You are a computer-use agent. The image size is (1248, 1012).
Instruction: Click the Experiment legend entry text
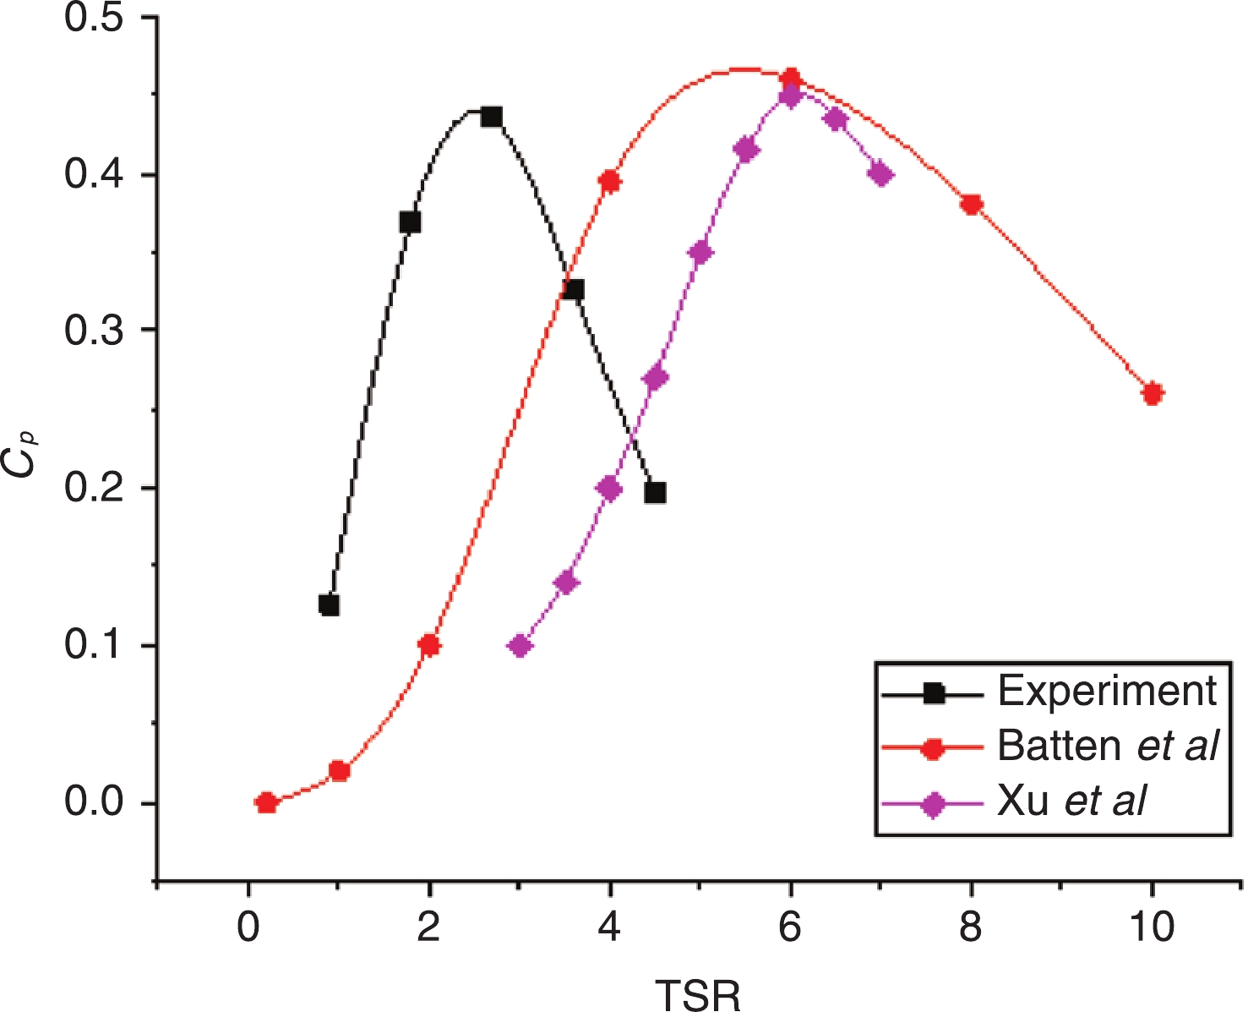click(1107, 691)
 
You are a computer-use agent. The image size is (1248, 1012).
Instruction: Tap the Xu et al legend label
click(1072, 800)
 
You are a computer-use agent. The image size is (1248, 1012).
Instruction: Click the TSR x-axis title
click(698, 994)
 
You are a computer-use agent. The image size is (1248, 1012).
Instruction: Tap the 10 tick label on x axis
click(1152, 927)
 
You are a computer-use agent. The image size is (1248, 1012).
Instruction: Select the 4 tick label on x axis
click(609, 927)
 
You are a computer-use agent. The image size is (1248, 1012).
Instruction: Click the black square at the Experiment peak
click(492, 117)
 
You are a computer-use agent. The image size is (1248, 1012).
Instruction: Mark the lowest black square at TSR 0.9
click(330, 604)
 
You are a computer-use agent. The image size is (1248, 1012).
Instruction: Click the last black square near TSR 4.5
click(655, 493)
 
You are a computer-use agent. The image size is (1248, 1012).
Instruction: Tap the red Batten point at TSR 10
click(1153, 393)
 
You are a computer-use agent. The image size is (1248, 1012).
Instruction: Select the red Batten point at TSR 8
click(972, 205)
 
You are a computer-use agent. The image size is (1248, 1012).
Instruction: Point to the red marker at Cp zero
click(266, 802)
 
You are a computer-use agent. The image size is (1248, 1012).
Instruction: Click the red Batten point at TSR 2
click(429, 646)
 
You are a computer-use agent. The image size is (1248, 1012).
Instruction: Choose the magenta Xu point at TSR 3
click(520, 646)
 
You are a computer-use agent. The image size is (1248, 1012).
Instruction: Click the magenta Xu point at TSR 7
click(881, 175)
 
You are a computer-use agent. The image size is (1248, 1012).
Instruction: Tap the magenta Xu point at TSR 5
click(700, 253)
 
